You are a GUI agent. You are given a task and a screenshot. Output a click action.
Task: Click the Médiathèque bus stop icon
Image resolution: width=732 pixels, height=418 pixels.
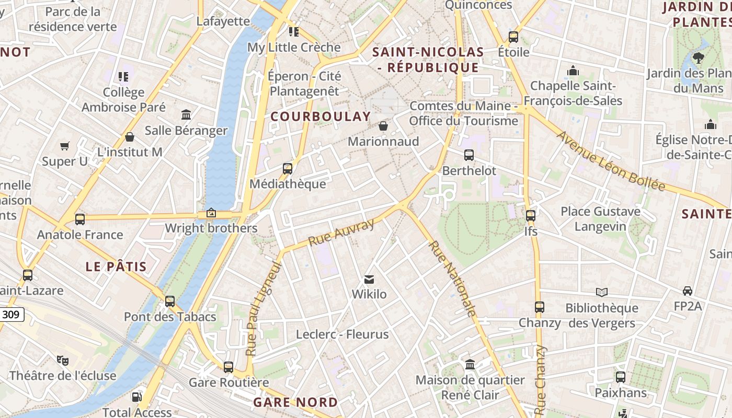(x=287, y=169)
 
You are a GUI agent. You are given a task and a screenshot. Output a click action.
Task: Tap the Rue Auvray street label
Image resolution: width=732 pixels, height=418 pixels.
(x=341, y=233)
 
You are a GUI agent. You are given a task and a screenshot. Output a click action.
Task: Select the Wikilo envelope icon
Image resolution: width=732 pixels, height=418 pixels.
(x=369, y=280)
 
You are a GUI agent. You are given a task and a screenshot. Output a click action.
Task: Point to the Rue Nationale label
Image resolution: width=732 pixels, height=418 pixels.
(x=453, y=278)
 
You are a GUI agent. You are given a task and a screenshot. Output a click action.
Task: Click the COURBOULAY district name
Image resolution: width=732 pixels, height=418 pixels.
(x=321, y=117)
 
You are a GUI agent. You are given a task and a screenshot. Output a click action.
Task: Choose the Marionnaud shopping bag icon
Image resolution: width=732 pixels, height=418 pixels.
(x=383, y=126)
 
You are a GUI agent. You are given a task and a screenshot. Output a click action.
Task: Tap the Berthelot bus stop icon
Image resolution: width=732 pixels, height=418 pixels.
(x=469, y=155)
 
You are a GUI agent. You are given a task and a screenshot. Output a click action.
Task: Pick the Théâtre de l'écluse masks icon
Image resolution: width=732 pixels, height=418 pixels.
(x=63, y=360)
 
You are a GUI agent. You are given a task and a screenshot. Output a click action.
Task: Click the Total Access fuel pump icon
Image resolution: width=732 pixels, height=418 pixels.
(x=136, y=397)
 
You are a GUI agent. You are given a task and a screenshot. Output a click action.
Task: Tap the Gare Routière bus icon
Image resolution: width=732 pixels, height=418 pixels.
(x=228, y=367)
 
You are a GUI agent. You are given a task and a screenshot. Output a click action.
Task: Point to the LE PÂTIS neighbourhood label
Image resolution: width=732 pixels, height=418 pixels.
(x=116, y=266)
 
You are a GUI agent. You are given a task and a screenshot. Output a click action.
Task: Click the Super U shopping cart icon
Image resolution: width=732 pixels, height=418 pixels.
(x=65, y=146)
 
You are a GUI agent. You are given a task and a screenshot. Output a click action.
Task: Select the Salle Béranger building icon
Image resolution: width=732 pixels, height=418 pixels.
(x=186, y=114)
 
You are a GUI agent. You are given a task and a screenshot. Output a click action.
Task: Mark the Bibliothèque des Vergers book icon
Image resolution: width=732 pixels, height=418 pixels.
(x=602, y=292)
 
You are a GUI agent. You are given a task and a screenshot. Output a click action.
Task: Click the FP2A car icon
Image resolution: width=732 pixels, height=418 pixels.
(x=688, y=291)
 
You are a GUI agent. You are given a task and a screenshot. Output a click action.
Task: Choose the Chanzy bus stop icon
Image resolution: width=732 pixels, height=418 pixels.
(x=540, y=307)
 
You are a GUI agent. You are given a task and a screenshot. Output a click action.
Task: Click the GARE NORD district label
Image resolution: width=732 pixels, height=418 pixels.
(x=295, y=402)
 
